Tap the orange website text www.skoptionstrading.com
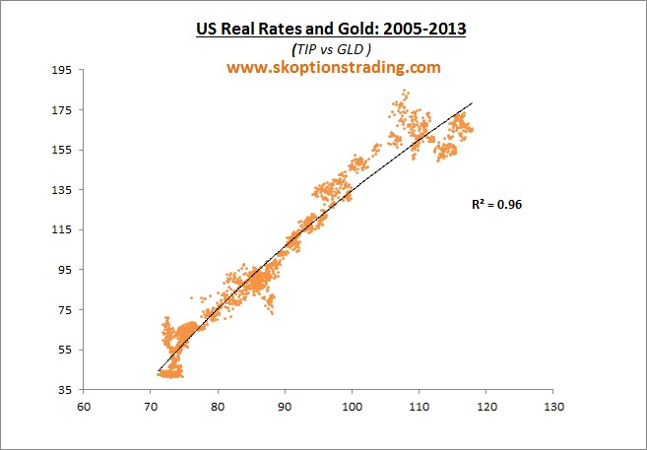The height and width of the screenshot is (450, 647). tap(334, 68)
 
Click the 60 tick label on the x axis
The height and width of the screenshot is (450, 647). tap(84, 405)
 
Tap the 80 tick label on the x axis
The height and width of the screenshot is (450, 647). tap(218, 405)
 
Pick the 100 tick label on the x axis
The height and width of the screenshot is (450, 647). tap(352, 405)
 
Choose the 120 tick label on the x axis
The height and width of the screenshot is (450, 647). tap(486, 405)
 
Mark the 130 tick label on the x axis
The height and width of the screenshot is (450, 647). tap(553, 405)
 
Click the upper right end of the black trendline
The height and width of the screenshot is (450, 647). tap(473, 102)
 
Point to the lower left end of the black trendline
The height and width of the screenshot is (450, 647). tap(158, 371)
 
